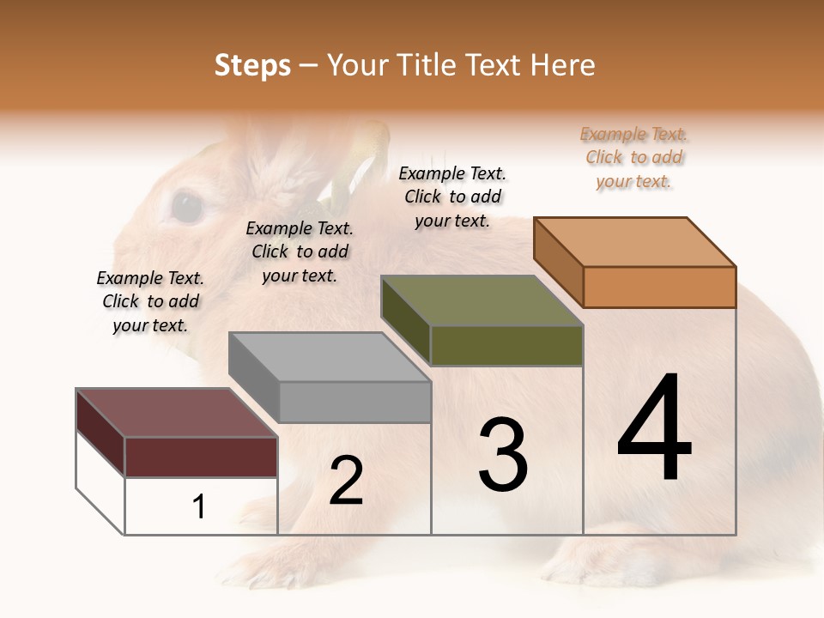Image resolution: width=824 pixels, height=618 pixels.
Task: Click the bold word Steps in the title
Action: coord(251,65)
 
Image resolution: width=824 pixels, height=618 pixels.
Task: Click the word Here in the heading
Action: coord(563,65)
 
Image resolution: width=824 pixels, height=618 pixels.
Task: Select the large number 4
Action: coord(654,429)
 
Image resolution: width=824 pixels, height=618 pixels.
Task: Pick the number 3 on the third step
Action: coord(502,455)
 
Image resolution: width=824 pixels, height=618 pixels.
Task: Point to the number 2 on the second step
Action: coord(346,481)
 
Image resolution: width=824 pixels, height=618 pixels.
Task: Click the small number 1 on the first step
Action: coord(199,507)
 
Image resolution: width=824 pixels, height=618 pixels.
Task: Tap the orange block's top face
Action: coord(635,242)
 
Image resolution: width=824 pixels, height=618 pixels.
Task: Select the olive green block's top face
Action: coord(482,300)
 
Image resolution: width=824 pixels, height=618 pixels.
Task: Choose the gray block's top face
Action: coord(330,357)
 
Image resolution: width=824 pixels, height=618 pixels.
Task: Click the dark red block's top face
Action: coord(177,413)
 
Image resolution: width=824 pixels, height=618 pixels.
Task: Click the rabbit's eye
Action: coord(187,207)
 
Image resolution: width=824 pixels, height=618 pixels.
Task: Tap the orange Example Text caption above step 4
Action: coord(634,158)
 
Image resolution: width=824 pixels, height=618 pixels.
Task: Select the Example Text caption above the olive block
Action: coord(452,197)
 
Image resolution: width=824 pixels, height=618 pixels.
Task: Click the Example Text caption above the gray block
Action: coord(300,251)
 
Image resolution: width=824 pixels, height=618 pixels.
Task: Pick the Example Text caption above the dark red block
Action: coord(150,301)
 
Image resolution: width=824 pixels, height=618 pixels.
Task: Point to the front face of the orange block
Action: coord(659,287)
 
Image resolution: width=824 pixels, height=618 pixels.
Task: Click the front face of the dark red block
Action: coord(201,457)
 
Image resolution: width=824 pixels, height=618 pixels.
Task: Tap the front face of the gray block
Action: coord(354,402)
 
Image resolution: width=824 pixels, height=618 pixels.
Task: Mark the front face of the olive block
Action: coord(506,345)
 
